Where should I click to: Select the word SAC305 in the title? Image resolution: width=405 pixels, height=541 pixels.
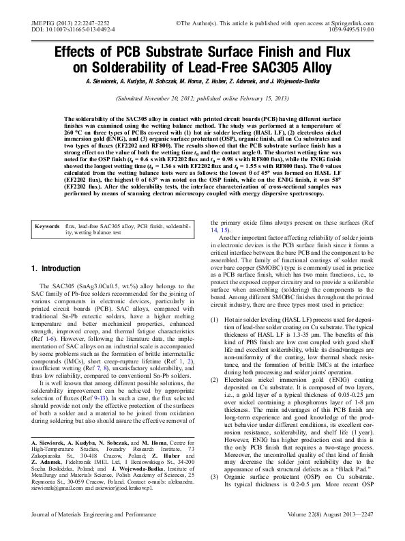click(273, 67)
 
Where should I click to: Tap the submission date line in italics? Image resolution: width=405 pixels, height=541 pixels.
click(202, 98)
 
